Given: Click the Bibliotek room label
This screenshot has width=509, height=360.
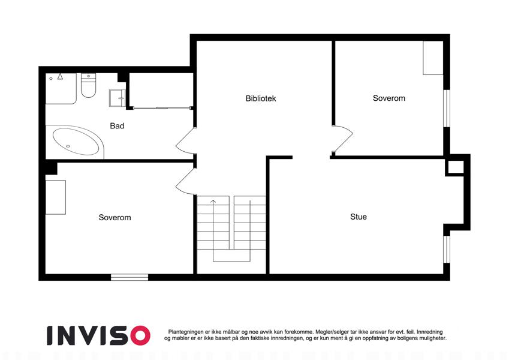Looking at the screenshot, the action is tap(261, 98).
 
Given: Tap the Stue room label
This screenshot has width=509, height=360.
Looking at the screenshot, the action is tap(359, 217).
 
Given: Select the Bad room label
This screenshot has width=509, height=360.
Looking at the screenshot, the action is tap(117, 126).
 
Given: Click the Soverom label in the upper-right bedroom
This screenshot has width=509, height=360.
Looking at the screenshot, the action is tap(389, 98).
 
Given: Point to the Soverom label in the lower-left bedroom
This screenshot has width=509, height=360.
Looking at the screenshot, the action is tap(115, 217).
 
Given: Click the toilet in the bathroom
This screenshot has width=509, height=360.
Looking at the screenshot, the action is tap(88, 85).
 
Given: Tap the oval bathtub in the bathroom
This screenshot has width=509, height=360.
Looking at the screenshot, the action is tap(76, 142).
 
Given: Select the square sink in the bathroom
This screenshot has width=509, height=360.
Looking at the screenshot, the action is tap(118, 98).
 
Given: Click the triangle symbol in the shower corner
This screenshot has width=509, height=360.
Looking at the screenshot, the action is tap(60, 76).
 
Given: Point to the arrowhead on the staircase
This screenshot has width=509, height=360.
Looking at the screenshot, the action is tap(213, 202).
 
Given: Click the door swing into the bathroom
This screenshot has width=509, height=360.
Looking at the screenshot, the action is tap(185, 141).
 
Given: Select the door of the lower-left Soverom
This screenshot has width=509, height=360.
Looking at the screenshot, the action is tap(185, 182).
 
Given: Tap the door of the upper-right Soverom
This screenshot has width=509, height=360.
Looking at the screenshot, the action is tap(343, 139).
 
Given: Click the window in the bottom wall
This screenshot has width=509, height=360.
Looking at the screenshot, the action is tap(129, 277).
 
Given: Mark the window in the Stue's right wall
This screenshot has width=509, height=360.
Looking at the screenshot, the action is tap(447, 249).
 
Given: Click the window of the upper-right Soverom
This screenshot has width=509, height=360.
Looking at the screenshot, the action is tap(447, 108).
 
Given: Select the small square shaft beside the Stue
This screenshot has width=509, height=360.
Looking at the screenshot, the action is tap(456, 167).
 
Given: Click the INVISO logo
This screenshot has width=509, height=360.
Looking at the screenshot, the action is tap(99, 335).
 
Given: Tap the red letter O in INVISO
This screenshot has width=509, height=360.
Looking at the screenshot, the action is tap(140, 335).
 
